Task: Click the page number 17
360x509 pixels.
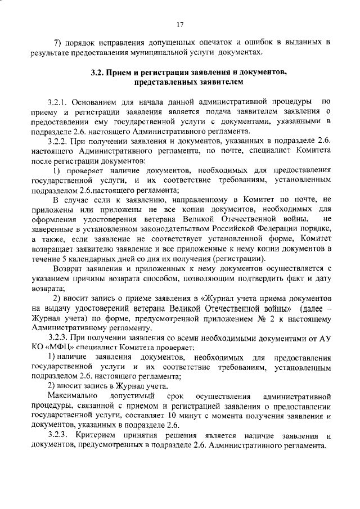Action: point(180,24)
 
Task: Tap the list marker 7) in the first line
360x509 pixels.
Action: point(57,43)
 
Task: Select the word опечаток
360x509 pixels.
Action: point(210,43)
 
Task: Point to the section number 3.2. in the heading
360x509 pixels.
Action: point(100,73)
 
